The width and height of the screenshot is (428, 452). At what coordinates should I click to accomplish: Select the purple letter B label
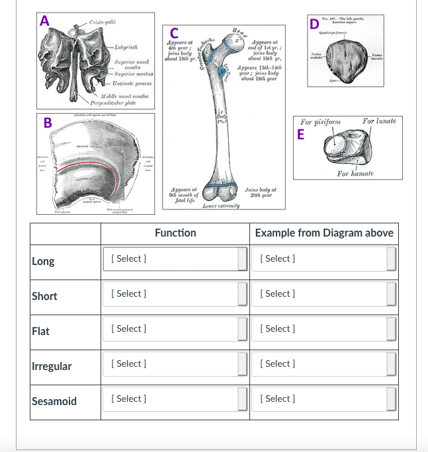click(48, 122)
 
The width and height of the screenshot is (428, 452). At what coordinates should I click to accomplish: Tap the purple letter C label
click(173, 33)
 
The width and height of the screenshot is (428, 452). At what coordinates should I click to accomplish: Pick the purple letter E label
click(302, 135)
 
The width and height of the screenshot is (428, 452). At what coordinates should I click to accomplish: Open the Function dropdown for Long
click(175, 259)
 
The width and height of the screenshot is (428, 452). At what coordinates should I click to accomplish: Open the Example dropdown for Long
click(325, 259)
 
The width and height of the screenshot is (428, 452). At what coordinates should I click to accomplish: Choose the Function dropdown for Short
click(175, 294)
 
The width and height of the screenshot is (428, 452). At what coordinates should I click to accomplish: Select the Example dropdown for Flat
click(325, 329)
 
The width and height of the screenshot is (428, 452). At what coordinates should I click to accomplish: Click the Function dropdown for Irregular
click(175, 364)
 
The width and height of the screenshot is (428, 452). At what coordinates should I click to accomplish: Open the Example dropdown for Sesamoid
click(325, 399)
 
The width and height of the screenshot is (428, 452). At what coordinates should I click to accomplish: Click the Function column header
click(175, 233)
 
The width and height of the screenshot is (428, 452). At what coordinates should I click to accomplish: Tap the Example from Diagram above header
click(324, 233)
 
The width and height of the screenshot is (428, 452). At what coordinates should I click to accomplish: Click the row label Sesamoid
click(54, 401)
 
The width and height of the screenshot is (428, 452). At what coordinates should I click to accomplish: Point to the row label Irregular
click(52, 366)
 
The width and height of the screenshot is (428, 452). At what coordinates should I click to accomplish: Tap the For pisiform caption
click(320, 122)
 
